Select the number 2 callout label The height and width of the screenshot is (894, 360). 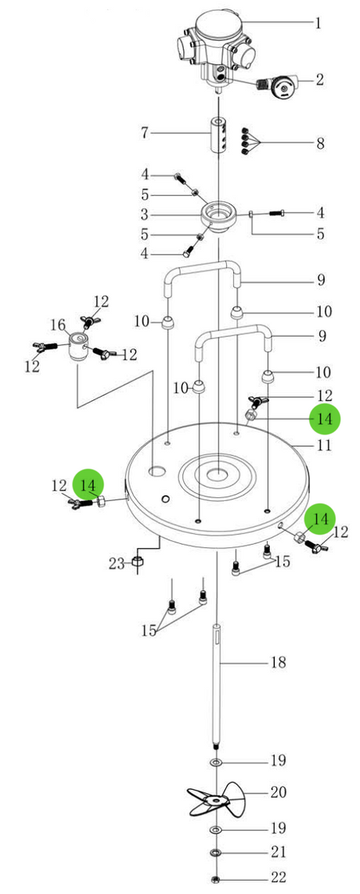pyautogui.click(x=320, y=79)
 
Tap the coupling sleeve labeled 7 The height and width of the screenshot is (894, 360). pyautogui.click(x=217, y=135)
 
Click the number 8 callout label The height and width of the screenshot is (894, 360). pyautogui.click(x=320, y=142)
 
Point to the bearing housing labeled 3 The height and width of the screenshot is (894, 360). pyautogui.click(x=217, y=216)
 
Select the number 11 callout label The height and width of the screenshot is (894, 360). pyautogui.click(x=323, y=445)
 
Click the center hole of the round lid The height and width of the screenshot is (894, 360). pyautogui.click(x=217, y=474)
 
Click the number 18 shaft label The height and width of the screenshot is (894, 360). pyautogui.click(x=278, y=662)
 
